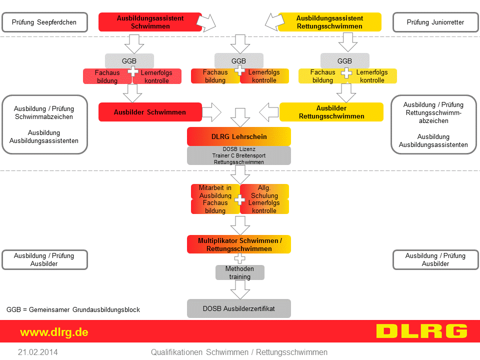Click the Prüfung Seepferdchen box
(x=44, y=22)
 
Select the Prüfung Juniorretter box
(x=435, y=22)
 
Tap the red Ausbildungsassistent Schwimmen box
(x=150, y=22)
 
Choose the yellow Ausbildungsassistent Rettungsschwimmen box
(x=329, y=22)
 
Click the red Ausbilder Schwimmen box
(x=150, y=112)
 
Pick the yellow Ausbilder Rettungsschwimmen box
(x=331, y=112)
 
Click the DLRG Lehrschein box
(x=239, y=136)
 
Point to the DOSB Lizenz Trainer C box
(x=239, y=155)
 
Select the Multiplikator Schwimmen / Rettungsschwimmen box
(x=239, y=244)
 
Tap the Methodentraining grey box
(x=239, y=272)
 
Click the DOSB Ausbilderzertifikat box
(x=239, y=308)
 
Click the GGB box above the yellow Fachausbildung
(x=344, y=61)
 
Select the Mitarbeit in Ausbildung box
(x=215, y=191)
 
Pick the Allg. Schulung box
(x=264, y=191)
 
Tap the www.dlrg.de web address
(x=54, y=332)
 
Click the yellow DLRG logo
(x=421, y=331)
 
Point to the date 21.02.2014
(x=37, y=352)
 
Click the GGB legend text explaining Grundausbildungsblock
(x=73, y=309)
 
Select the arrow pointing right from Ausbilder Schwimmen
(x=211, y=112)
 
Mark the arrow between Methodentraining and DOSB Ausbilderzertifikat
(x=240, y=289)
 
